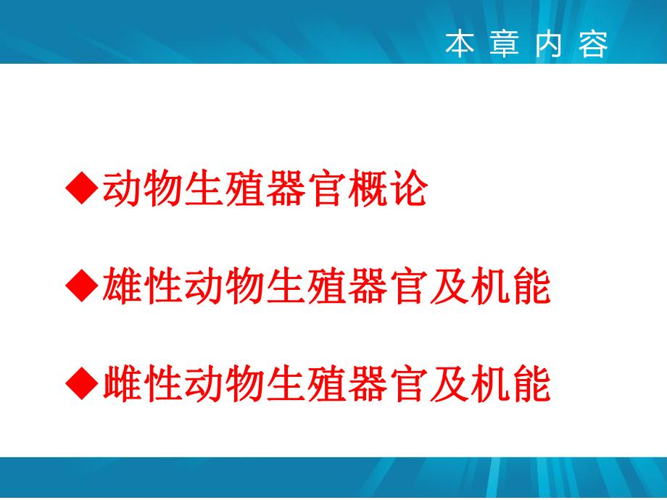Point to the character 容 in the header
(x=594, y=45)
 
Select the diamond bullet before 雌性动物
(x=81, y=384)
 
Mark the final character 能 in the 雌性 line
(x=531, y=384)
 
